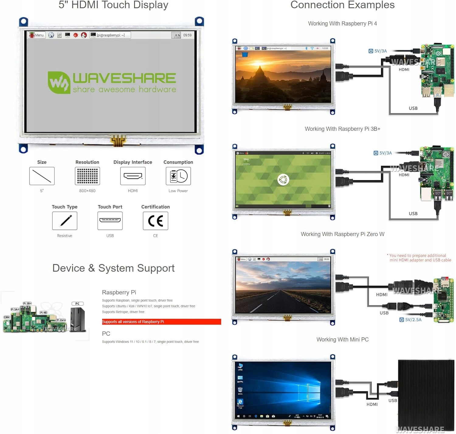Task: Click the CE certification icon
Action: point(155,221)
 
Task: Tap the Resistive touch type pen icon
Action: point(65,221)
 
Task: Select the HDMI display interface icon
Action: point(133,176)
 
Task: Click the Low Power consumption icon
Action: point(178,176)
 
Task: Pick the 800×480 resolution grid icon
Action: point(87,176)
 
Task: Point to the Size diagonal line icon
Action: point(42,176)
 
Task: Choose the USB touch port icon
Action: point(110,221)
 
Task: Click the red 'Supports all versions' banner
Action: point(161,322)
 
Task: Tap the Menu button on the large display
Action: point(37,35)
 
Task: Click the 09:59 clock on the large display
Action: point(187,35)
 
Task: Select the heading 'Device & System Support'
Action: point(113,268)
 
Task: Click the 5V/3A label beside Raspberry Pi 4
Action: point(378,51)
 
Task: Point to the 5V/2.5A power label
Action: point(411,320)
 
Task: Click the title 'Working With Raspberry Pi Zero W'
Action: point(342,234)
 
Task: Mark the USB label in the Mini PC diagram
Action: point(392,401)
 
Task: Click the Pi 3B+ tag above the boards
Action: point(27,303)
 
